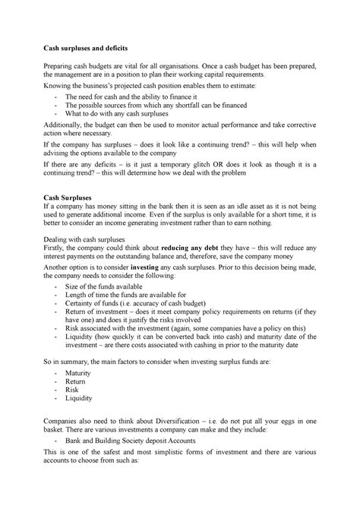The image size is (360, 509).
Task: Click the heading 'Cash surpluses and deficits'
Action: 90,48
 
